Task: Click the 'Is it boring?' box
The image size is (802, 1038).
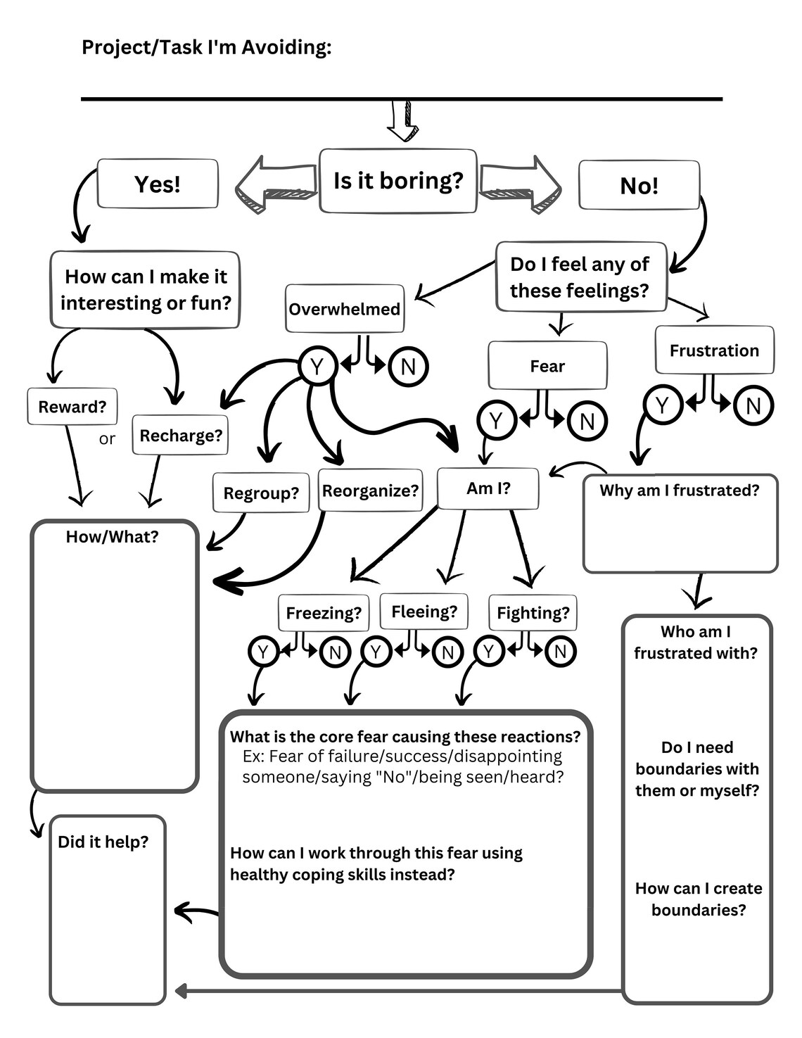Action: tap(398, 181)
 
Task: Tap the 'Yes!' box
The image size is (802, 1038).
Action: tap(158, 184)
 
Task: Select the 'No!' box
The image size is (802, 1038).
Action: tap(639, 185)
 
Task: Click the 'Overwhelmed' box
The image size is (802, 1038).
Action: tap(345, 309)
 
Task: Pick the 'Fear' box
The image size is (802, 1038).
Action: tap(547, 366)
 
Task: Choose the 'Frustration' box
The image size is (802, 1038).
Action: tap(714, 350)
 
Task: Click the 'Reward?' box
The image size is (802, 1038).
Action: tap(72, 407)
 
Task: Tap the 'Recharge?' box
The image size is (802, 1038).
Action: tap(181, 435)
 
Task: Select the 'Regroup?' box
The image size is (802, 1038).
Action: tap(261, 493)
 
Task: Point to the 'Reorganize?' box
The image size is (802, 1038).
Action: tap(370, 490)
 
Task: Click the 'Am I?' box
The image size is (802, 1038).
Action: tap(488, 488)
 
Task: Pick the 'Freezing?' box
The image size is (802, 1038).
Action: tap(324, 612)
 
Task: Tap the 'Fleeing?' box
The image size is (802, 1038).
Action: tap(424, 611)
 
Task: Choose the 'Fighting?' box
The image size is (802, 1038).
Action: tap(533, 612)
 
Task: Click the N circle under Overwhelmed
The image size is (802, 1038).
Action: tap(407, 366)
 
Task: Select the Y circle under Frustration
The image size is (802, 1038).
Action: tap(662, 405)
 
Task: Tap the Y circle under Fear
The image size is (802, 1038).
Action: tap(496, 420)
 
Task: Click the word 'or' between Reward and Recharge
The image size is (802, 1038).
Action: tap(107, 439)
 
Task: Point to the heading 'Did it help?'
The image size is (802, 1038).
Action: tap(103, 842)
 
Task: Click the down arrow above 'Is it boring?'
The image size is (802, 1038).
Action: tap(402, 122)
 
